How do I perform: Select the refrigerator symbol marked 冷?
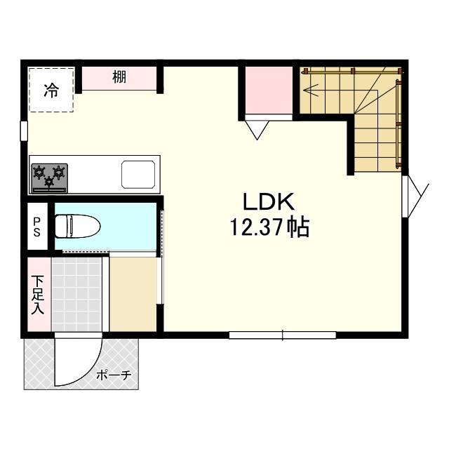(51, 89)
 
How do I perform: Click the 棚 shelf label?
(119, 78)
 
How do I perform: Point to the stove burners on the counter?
(49, 177)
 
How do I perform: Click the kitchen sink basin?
(140, 174)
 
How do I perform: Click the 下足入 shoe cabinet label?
(37, 295)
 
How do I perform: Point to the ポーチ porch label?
(114, 375)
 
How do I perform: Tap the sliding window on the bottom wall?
(282, 335)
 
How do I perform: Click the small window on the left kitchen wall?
(24, 131)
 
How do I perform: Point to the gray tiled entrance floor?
(76, 293)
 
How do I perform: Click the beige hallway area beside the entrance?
(133, 293)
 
